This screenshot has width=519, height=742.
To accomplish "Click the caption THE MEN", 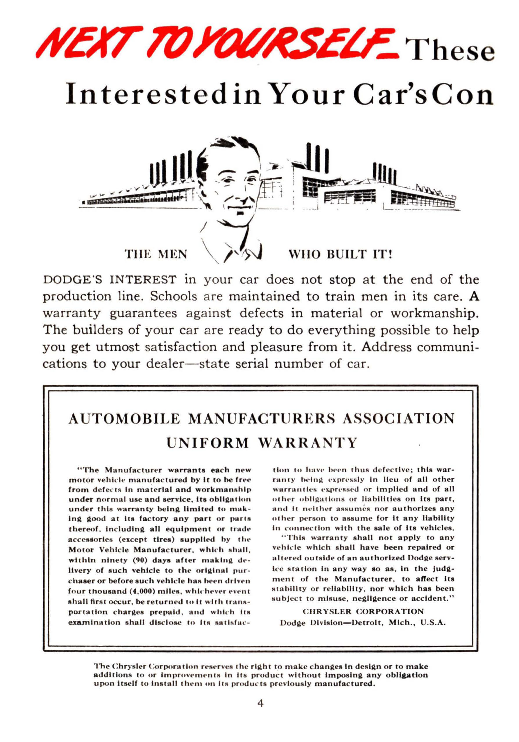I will [x=156, y=254].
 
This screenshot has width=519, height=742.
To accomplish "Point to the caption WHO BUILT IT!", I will [x=340, y=254].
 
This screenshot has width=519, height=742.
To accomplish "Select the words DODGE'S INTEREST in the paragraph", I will [x=110, y=280].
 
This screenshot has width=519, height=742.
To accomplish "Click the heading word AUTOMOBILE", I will [x=124, y=419].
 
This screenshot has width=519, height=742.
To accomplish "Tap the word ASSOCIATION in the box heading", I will [x=398, y=419].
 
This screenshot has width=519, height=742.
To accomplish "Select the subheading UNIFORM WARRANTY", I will [x=262, y=443].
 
